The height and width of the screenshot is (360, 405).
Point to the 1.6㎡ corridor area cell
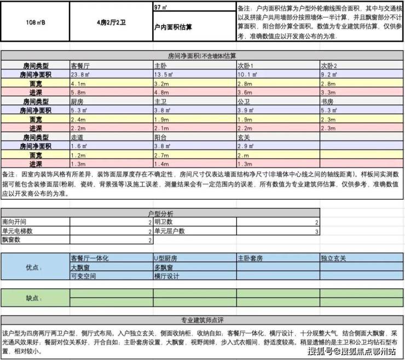point(79,147)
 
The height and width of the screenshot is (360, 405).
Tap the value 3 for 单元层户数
point(316,231)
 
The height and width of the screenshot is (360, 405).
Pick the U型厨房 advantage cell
point(166,258)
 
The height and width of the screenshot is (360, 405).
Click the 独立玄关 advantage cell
point(334,258)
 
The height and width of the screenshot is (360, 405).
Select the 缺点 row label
point(34,298)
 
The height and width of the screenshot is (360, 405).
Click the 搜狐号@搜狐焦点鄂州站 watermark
point(353,351)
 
